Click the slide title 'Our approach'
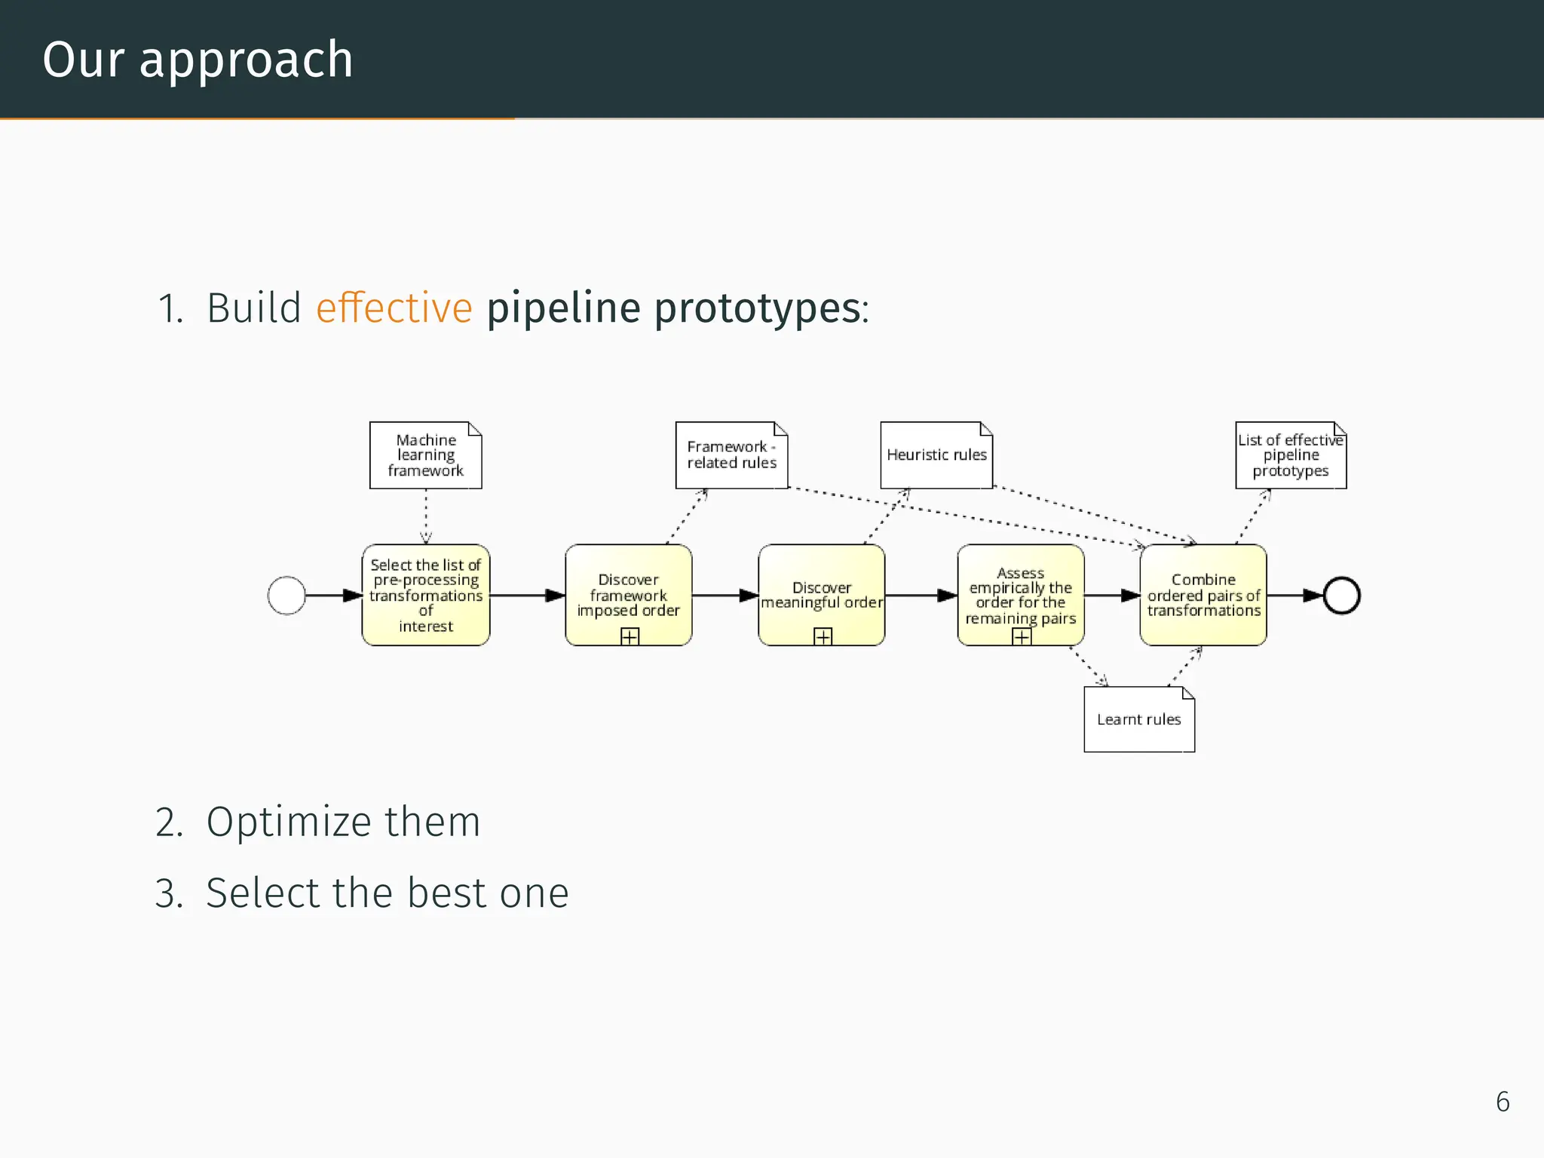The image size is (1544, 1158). tap(198, 60)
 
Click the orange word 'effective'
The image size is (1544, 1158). tap(394, 308)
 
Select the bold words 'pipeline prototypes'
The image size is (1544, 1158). tap(675, 308)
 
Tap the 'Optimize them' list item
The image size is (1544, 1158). tap(343, 822)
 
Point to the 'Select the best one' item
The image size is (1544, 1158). tap(387, 893)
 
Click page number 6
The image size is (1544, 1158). tap(1503, 1102)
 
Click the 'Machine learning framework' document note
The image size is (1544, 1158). tap(425, 455)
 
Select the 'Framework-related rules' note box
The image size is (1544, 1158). tap(731, 455)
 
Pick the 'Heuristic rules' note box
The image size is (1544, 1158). tap(936, 455)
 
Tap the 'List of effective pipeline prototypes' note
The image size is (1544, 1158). tap(1290, 455)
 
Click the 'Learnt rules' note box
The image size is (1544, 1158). tap(1138, 719)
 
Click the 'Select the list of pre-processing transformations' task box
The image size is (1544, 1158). tap(425, 595)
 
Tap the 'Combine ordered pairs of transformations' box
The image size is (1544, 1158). tap(1202, 595)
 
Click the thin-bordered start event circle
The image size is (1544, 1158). tap(286, 596)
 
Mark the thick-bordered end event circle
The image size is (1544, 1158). tap(1341, 596)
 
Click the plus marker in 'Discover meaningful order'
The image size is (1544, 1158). tap(823, 637)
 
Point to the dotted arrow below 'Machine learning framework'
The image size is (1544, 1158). tap(426, 517)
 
